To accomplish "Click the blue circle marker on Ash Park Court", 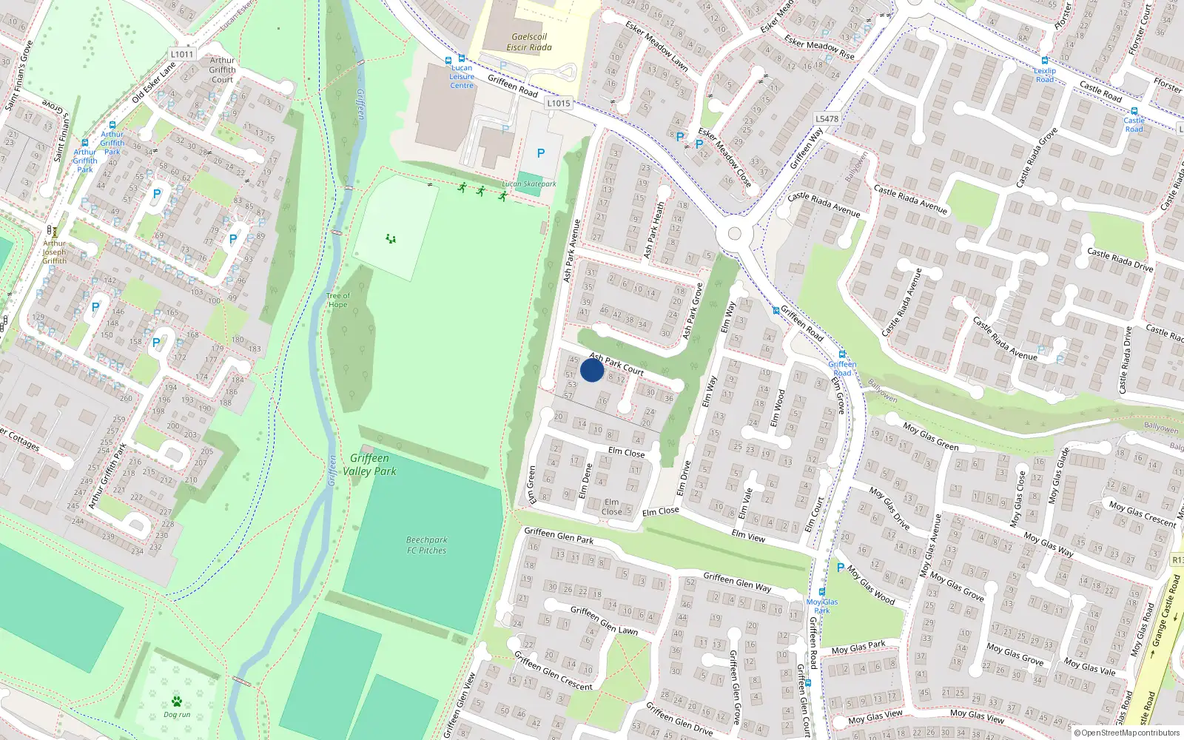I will coord(592,370).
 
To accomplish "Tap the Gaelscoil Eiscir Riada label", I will coord(529,42).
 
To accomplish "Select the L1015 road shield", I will coord(559,104).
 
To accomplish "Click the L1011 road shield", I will coord(182,54).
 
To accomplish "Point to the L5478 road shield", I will coord(827,119).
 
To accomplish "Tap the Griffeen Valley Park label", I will coord(369,465).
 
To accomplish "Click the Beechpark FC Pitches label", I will coord(427,545).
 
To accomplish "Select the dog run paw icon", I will coord(177,701).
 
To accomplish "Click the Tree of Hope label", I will coord(338,300).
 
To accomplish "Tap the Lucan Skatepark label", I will coord(529,184).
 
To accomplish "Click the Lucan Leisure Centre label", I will coord(462,76).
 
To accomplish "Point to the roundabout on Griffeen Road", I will coord(734,234).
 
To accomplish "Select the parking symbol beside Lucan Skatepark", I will coord(541,153).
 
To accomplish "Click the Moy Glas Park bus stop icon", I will coord(821,592).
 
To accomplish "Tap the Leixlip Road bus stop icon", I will coord(1045,61).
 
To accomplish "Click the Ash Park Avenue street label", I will coord(571,250).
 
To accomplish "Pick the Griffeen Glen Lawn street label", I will coord(604,620).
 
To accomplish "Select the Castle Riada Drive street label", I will coord(1120,260).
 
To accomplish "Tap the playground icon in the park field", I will coord(391,238).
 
